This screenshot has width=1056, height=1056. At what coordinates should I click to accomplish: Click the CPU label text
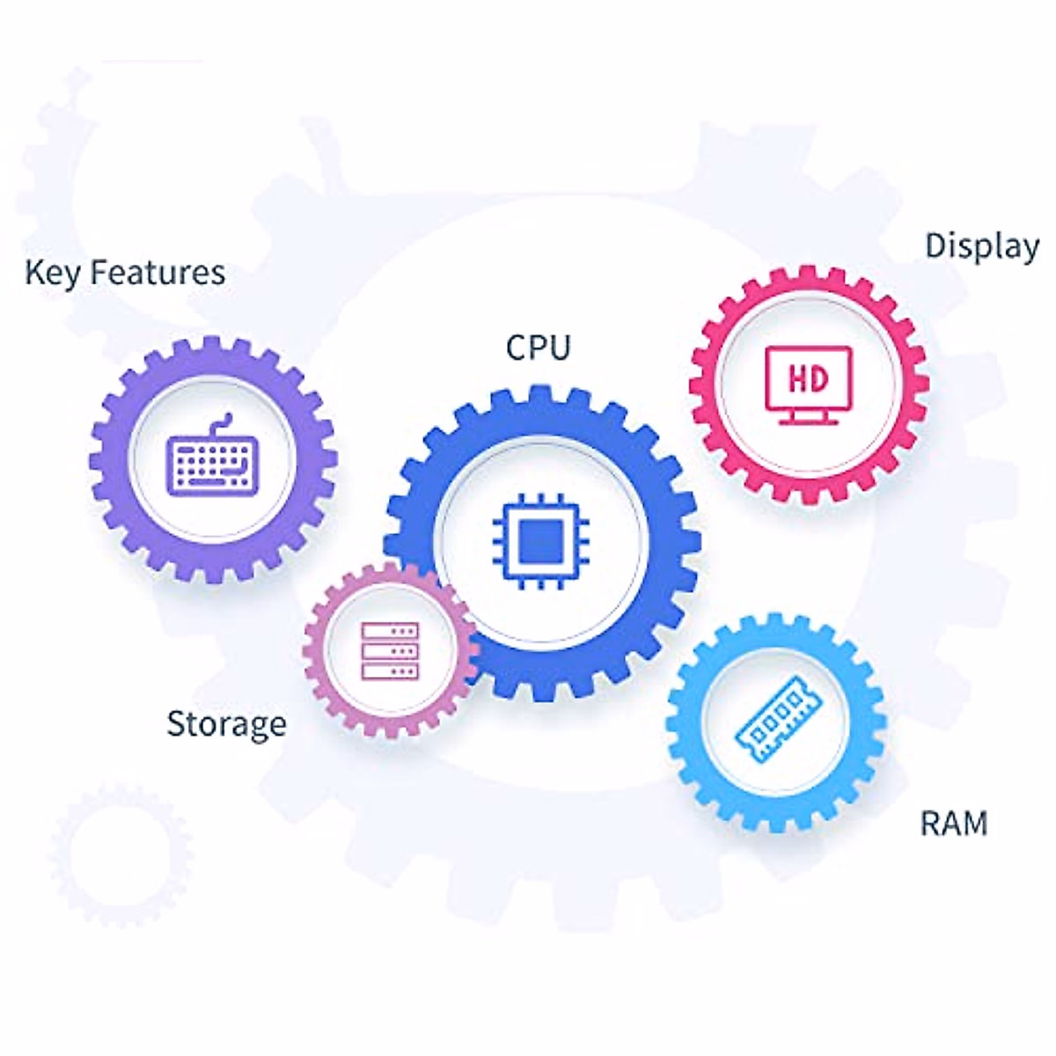pyautogui.click(x=538, y=347)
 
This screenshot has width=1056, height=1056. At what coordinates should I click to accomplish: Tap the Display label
pyautogui.click(x=981, y=246)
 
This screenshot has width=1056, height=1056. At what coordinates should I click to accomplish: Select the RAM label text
pyautogui.click(x=953, y=824)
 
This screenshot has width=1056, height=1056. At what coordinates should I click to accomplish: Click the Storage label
pyautogui.click(x=226, y=724)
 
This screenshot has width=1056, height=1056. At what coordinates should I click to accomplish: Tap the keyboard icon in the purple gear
pyautogui.click(x=212, y=461)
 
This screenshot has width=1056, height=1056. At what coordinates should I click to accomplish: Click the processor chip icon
pyautogui.click(x=540, y=541)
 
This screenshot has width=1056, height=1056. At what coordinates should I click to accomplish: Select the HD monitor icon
pyautogui.click(x=808, y=385)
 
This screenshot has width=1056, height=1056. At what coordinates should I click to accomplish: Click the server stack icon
pyautogui.click(x=390, y=651)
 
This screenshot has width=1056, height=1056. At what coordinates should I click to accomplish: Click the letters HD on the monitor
pyautogui.click(x=808, y=378)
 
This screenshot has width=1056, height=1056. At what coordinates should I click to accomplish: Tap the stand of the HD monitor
pyautogui.click(x=808, y=417)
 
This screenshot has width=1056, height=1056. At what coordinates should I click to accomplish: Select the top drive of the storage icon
pyautogui.click(x=390, y=631)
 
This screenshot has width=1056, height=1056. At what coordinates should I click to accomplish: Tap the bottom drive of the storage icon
pyautogui.click(x=390, y=671)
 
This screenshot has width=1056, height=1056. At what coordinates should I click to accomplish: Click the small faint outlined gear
pyautogui.click(x=121, y=854)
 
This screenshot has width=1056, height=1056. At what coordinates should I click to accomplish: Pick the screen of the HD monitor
pyautogui.click(x=808, y=378)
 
